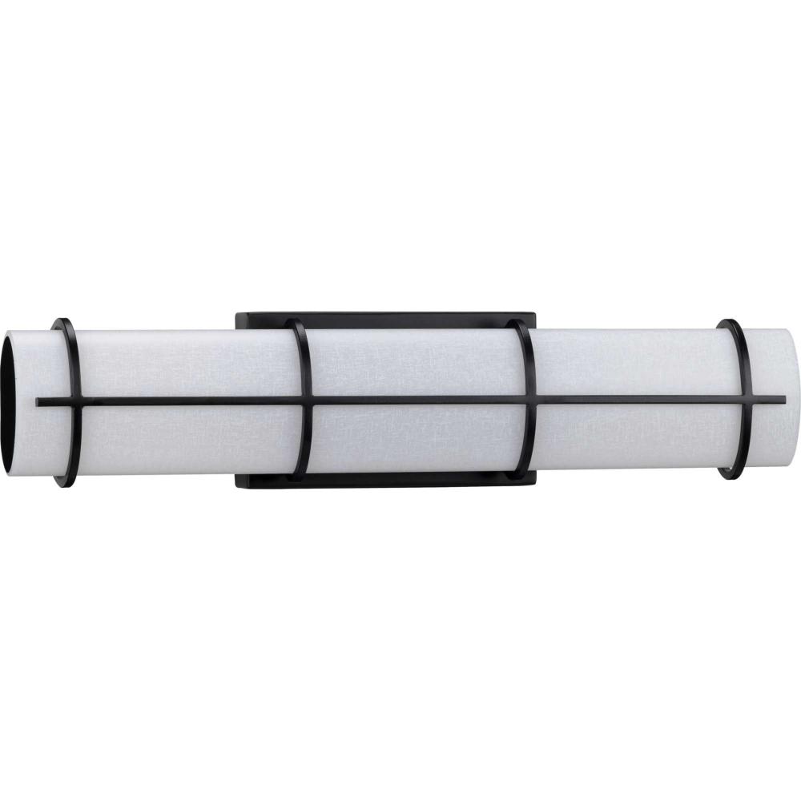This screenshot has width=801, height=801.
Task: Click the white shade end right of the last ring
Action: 769,360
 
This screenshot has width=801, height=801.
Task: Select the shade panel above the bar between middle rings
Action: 417,360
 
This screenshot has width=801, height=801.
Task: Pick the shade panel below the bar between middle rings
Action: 417,441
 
